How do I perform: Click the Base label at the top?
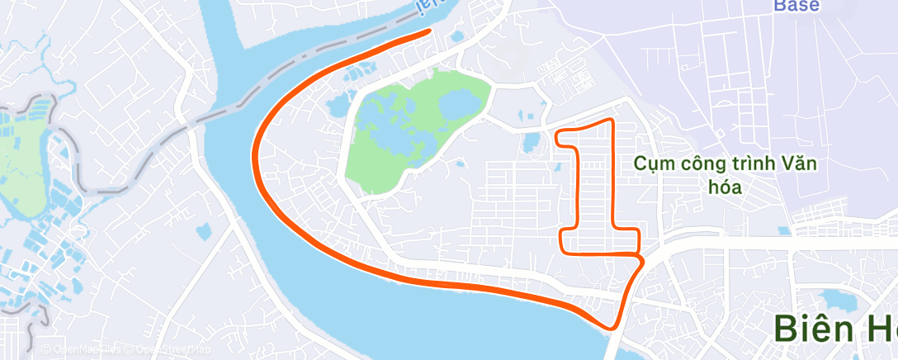796,6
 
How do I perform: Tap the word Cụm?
651,163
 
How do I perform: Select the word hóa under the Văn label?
725,187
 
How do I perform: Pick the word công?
697,163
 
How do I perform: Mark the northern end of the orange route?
429,31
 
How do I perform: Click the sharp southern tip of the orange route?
613,328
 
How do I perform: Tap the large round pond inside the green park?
456,106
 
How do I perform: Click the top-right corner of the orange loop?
612,121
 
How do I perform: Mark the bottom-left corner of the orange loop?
561,249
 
